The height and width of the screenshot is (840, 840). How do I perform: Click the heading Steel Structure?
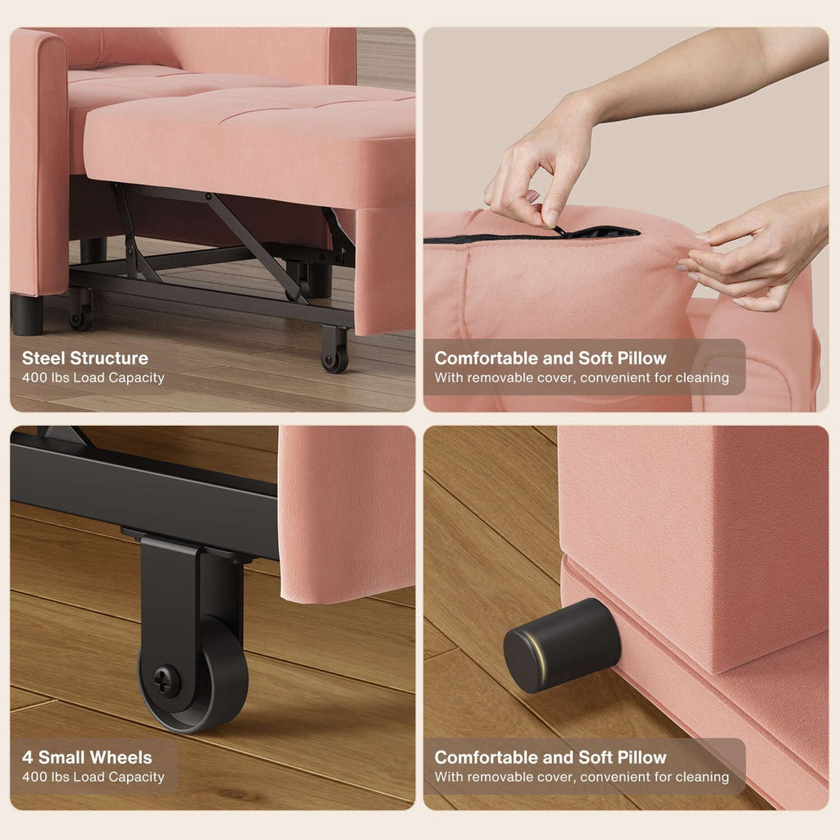(x=85, y=358)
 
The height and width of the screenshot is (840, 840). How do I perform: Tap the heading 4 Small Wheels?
(x=87, y=757)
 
